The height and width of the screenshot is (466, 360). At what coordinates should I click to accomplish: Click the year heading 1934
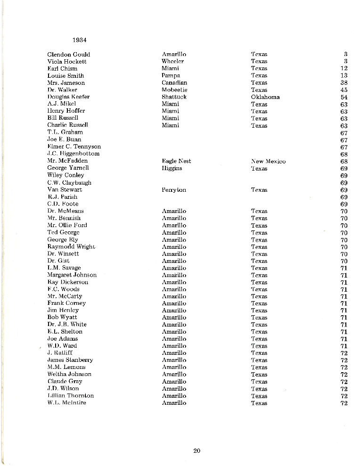pos(80,40)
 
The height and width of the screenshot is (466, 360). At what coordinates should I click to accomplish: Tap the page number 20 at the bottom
pos(197,451)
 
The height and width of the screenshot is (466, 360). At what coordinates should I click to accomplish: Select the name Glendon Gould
pos(69,55)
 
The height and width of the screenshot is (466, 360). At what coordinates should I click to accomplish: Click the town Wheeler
pos(172,62)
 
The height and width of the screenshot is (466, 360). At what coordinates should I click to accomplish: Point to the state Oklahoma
pos(265,97)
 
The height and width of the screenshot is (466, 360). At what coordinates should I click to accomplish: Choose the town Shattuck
pos(174,97)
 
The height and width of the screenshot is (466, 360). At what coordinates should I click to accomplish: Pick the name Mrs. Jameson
pos(66,83)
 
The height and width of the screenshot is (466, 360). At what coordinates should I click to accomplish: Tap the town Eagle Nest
pos(176,161)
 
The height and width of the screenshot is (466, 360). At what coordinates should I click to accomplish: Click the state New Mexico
pos(268,161)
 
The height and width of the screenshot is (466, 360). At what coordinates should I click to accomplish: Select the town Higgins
pos(172,168)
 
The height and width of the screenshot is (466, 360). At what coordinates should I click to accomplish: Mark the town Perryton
pos(174,190)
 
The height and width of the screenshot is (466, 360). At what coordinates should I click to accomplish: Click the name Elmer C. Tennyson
pos(74,147)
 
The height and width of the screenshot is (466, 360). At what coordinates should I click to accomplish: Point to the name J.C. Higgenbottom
pos(73,154)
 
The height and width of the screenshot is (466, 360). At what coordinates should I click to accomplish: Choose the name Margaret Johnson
pos(72,275)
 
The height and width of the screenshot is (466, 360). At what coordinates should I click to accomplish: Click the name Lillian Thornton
pos(70,396)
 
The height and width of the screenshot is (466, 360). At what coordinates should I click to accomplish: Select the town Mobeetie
pos(174,90)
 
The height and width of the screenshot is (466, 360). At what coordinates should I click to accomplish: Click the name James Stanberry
pos(70,360)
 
